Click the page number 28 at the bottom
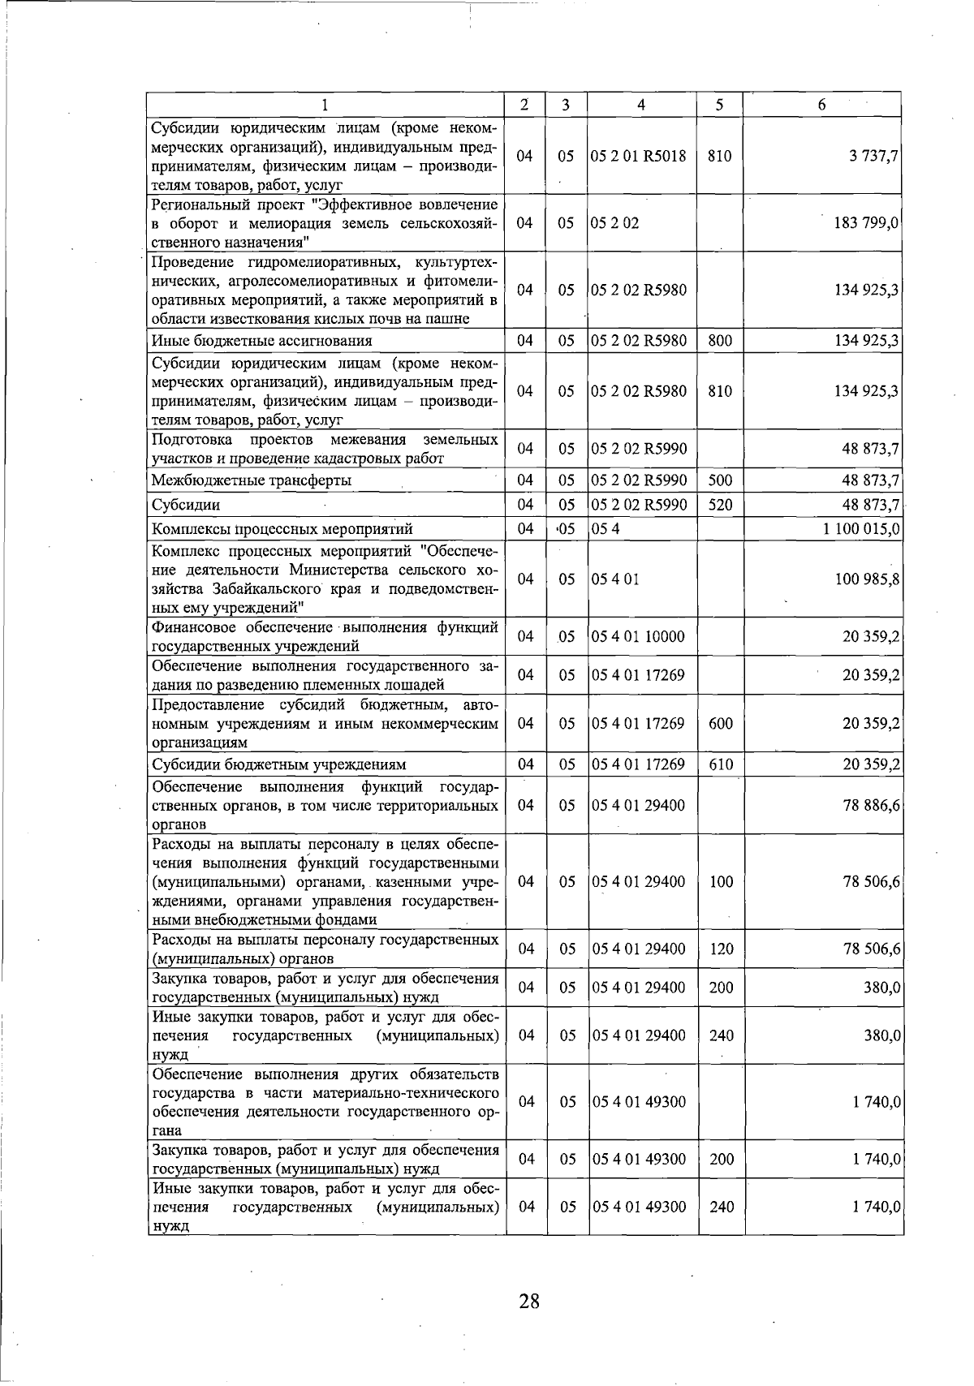(x=528, y=1302)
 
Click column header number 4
(x=641, y=105)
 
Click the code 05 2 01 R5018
(x=640, y=156)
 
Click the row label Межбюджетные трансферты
(x=252, y=480)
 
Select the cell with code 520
(x=720, y=505)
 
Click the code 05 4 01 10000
(x=639, y=637)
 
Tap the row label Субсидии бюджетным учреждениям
(x=279, y=764)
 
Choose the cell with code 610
(x=720, y=764)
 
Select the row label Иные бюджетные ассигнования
(x=261, y=341)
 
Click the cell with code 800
(x=720, y=341)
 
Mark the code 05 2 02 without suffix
(x=615, y=222)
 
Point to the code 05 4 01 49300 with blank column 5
(x=639, y=1101)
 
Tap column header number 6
(x=821, y=105)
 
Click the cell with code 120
(x=721, y=949)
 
